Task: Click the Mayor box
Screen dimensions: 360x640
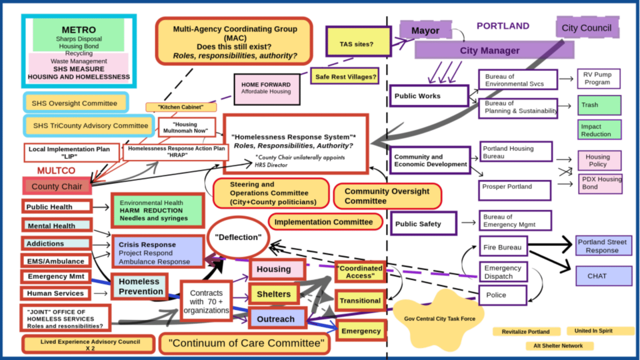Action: [x=426, y=30]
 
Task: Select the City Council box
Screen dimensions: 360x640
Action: [x=587, y=28]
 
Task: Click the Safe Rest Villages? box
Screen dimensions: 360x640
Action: [x=345, y=76]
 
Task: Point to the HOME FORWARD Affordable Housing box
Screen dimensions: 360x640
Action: [x=266, y=89]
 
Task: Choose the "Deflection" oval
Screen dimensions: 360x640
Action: [x=238, y=238]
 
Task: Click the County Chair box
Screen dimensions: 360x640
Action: [x=57, y=186]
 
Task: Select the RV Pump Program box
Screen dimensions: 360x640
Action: [x=598, y=78]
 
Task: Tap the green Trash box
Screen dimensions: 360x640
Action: [x=599, y=105]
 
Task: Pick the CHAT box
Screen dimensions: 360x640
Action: [x=604, y=276]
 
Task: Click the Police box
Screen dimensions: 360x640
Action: [x=503, y=295]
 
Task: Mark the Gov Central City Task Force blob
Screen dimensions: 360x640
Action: [x=439, y=319]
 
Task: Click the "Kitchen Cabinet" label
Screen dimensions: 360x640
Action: [x=181, y=107]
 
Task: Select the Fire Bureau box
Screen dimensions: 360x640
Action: [x=503, y=246]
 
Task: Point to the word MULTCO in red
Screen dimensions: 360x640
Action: [x=56, y=171]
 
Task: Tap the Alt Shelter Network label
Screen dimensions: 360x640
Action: [x=558, y=346]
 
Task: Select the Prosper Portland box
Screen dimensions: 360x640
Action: [x=514, y=190]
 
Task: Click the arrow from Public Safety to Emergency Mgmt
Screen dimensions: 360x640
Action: [x=468, y=222]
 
